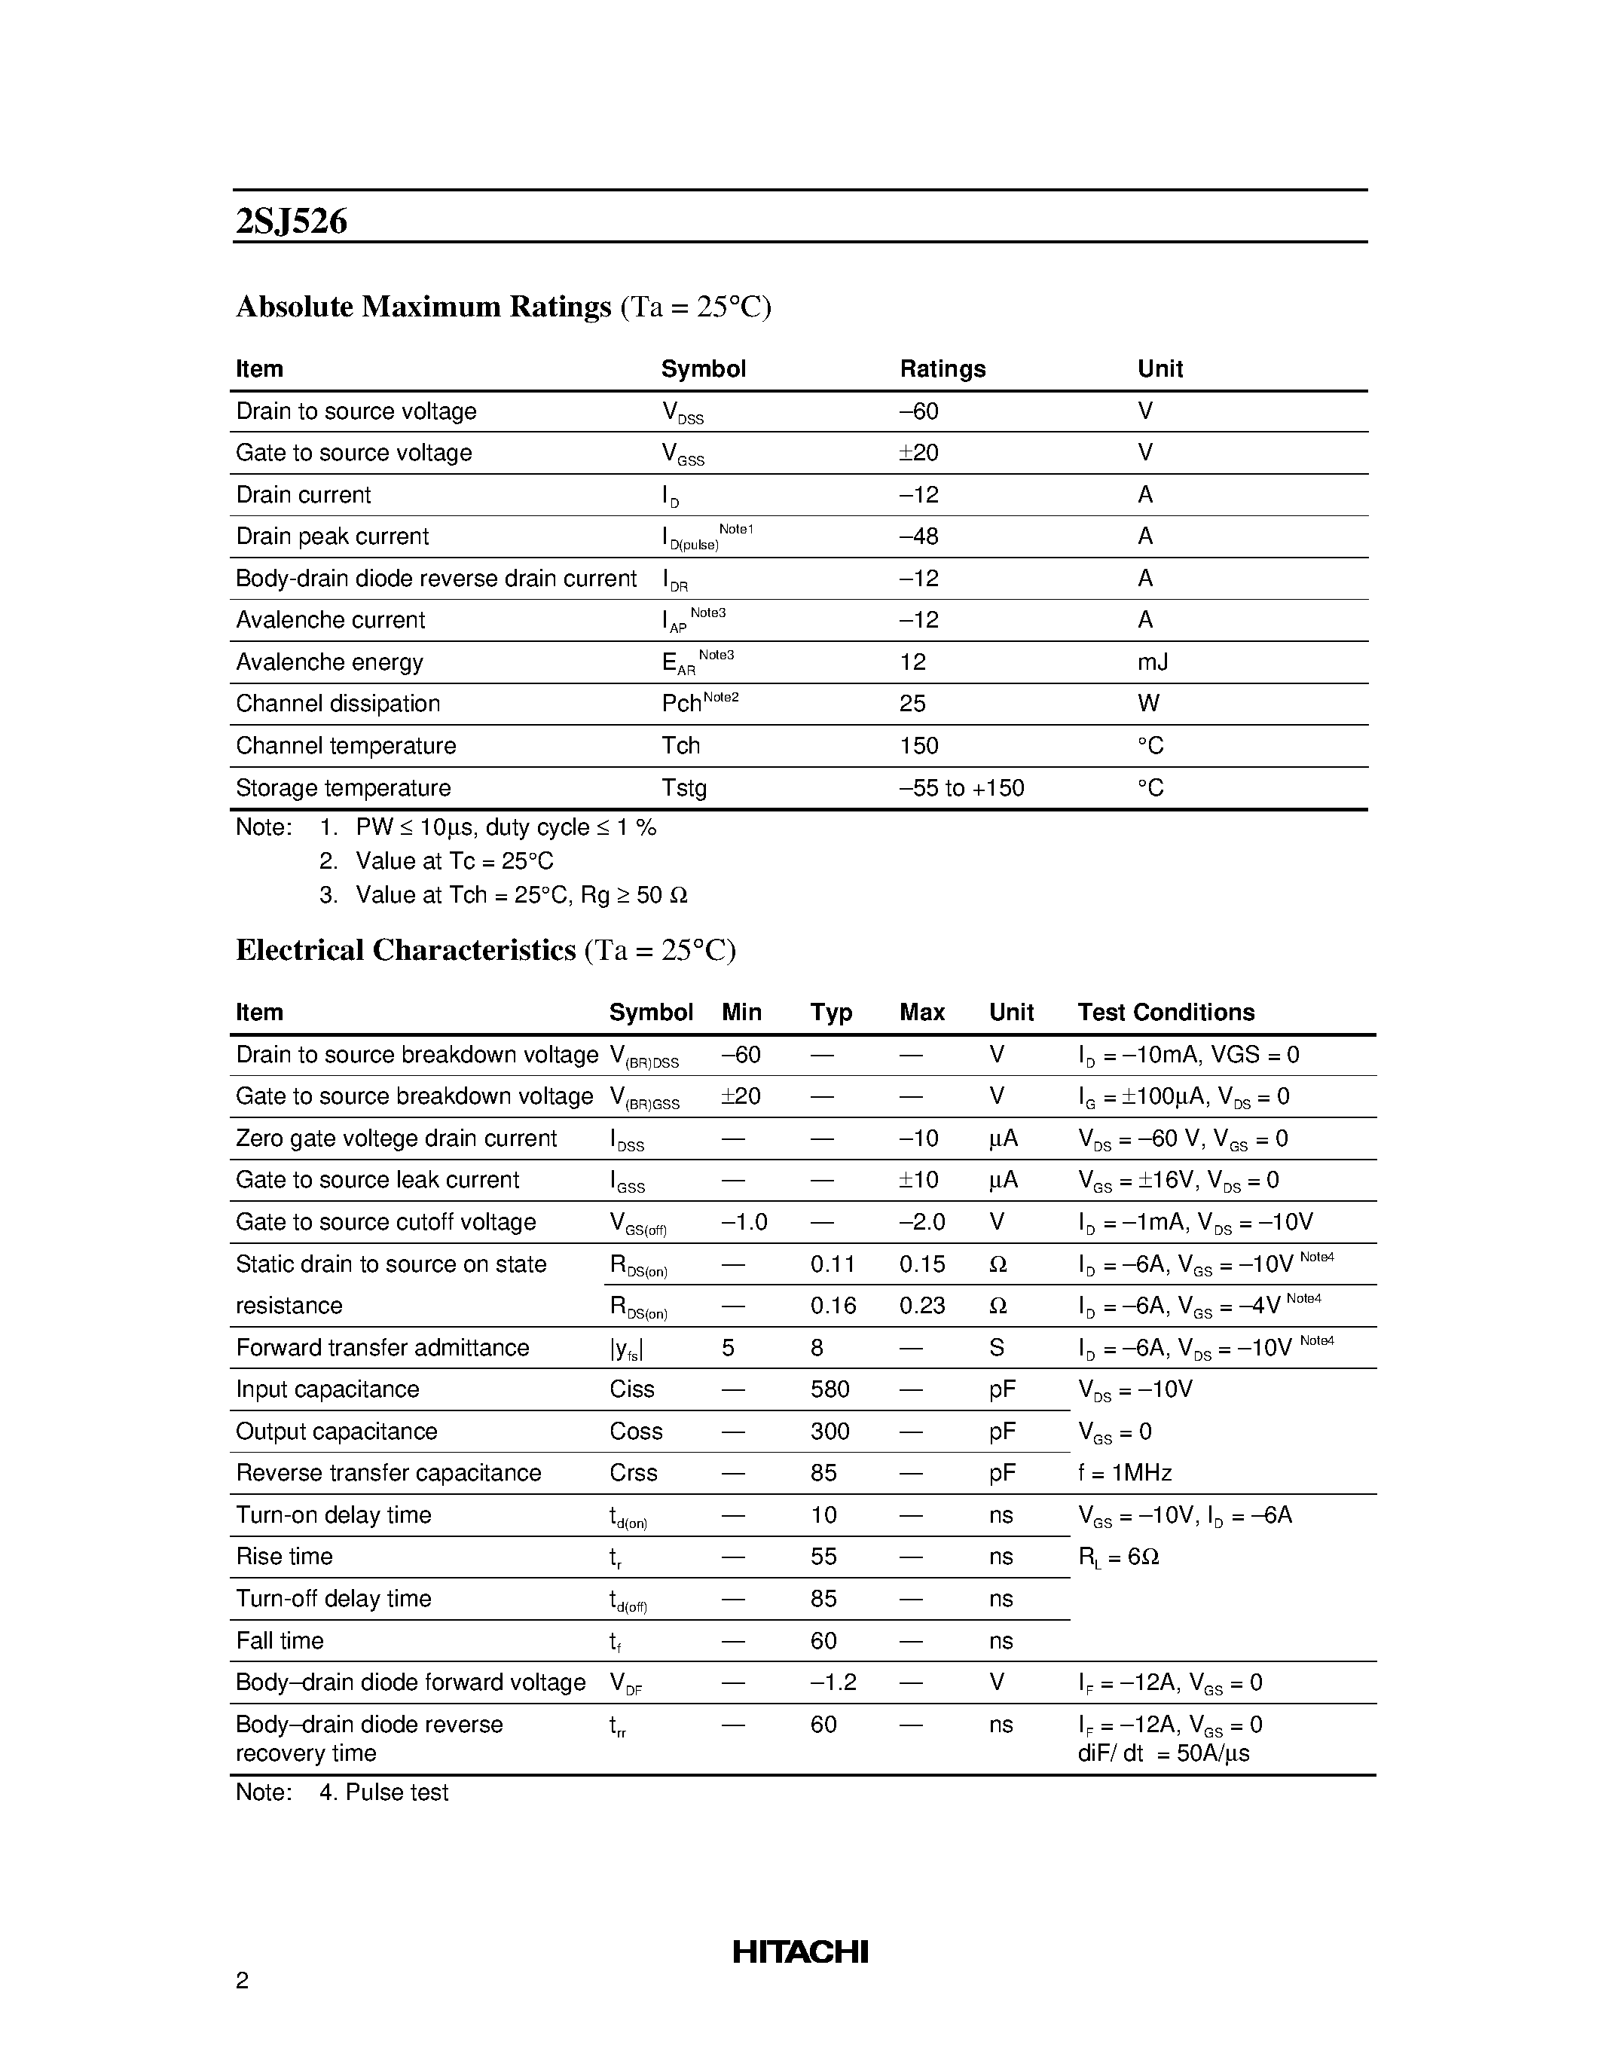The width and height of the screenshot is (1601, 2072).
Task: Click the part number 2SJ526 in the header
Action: [x=291, y=221]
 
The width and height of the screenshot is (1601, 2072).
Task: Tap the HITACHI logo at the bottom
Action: [x=799, y=1951]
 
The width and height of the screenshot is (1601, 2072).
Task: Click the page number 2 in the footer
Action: [x=242, y=1980]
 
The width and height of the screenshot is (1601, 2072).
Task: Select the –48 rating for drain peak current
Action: [x=918, y=537]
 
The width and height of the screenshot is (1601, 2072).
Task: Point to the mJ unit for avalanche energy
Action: [x=1153, y=662]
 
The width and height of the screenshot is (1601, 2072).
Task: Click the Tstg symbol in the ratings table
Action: [x=684, y=788]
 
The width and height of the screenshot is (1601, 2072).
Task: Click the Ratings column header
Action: [x=942, y=369]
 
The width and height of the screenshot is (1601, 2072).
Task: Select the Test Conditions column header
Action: [x=1165, y=1013]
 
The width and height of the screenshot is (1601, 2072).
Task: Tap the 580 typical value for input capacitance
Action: [x=830, y=1390]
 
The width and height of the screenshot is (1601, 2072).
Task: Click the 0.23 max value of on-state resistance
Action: [x=922, y=1306]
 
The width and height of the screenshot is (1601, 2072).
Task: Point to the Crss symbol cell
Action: [x=633, y=1473]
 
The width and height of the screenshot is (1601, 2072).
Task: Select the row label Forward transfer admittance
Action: [x=382, y=1348]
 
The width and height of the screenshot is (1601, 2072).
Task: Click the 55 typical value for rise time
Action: [x=823, y=1557]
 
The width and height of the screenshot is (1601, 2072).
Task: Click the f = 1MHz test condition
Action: [x=1124, y=1473]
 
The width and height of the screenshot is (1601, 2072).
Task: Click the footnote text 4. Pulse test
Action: [x=383, y=1792]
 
